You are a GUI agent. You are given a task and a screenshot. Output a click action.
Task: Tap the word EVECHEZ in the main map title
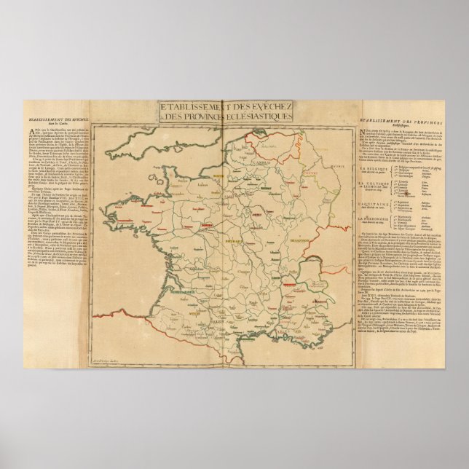[272, 109]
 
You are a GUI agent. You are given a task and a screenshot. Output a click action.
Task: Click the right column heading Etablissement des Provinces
[397, 119]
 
